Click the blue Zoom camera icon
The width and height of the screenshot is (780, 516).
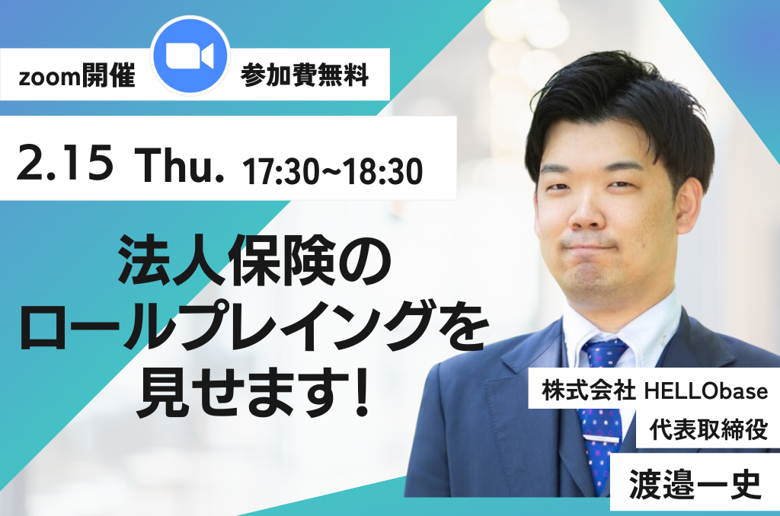click(x=190, y=56)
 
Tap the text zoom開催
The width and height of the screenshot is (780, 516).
click(x=77, y=77)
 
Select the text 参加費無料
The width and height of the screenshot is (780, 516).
click(x=305, y=75)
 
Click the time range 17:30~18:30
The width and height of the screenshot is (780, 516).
click(x=332, y=171)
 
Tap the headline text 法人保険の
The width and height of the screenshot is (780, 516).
click(x=254, y=260)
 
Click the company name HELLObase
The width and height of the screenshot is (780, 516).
click(x=706, y=391)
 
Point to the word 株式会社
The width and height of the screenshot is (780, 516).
click(x=589, y=390)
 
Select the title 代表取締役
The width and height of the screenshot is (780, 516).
click(x=708, y=429)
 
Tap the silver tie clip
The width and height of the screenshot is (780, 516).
click(x=601, y=439)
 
